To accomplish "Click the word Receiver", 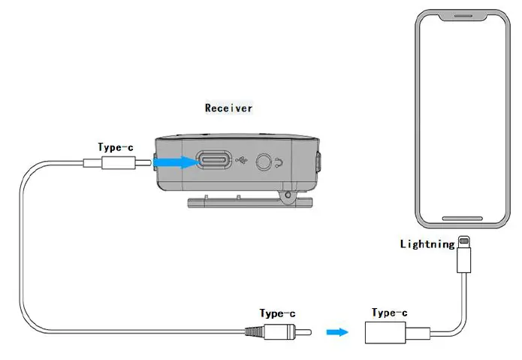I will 228,108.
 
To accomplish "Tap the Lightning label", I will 427,244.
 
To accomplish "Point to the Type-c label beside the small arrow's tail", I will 277,313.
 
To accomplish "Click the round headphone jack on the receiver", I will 264,161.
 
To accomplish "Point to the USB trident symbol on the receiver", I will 240,161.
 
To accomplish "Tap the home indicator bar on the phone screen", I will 463,219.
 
